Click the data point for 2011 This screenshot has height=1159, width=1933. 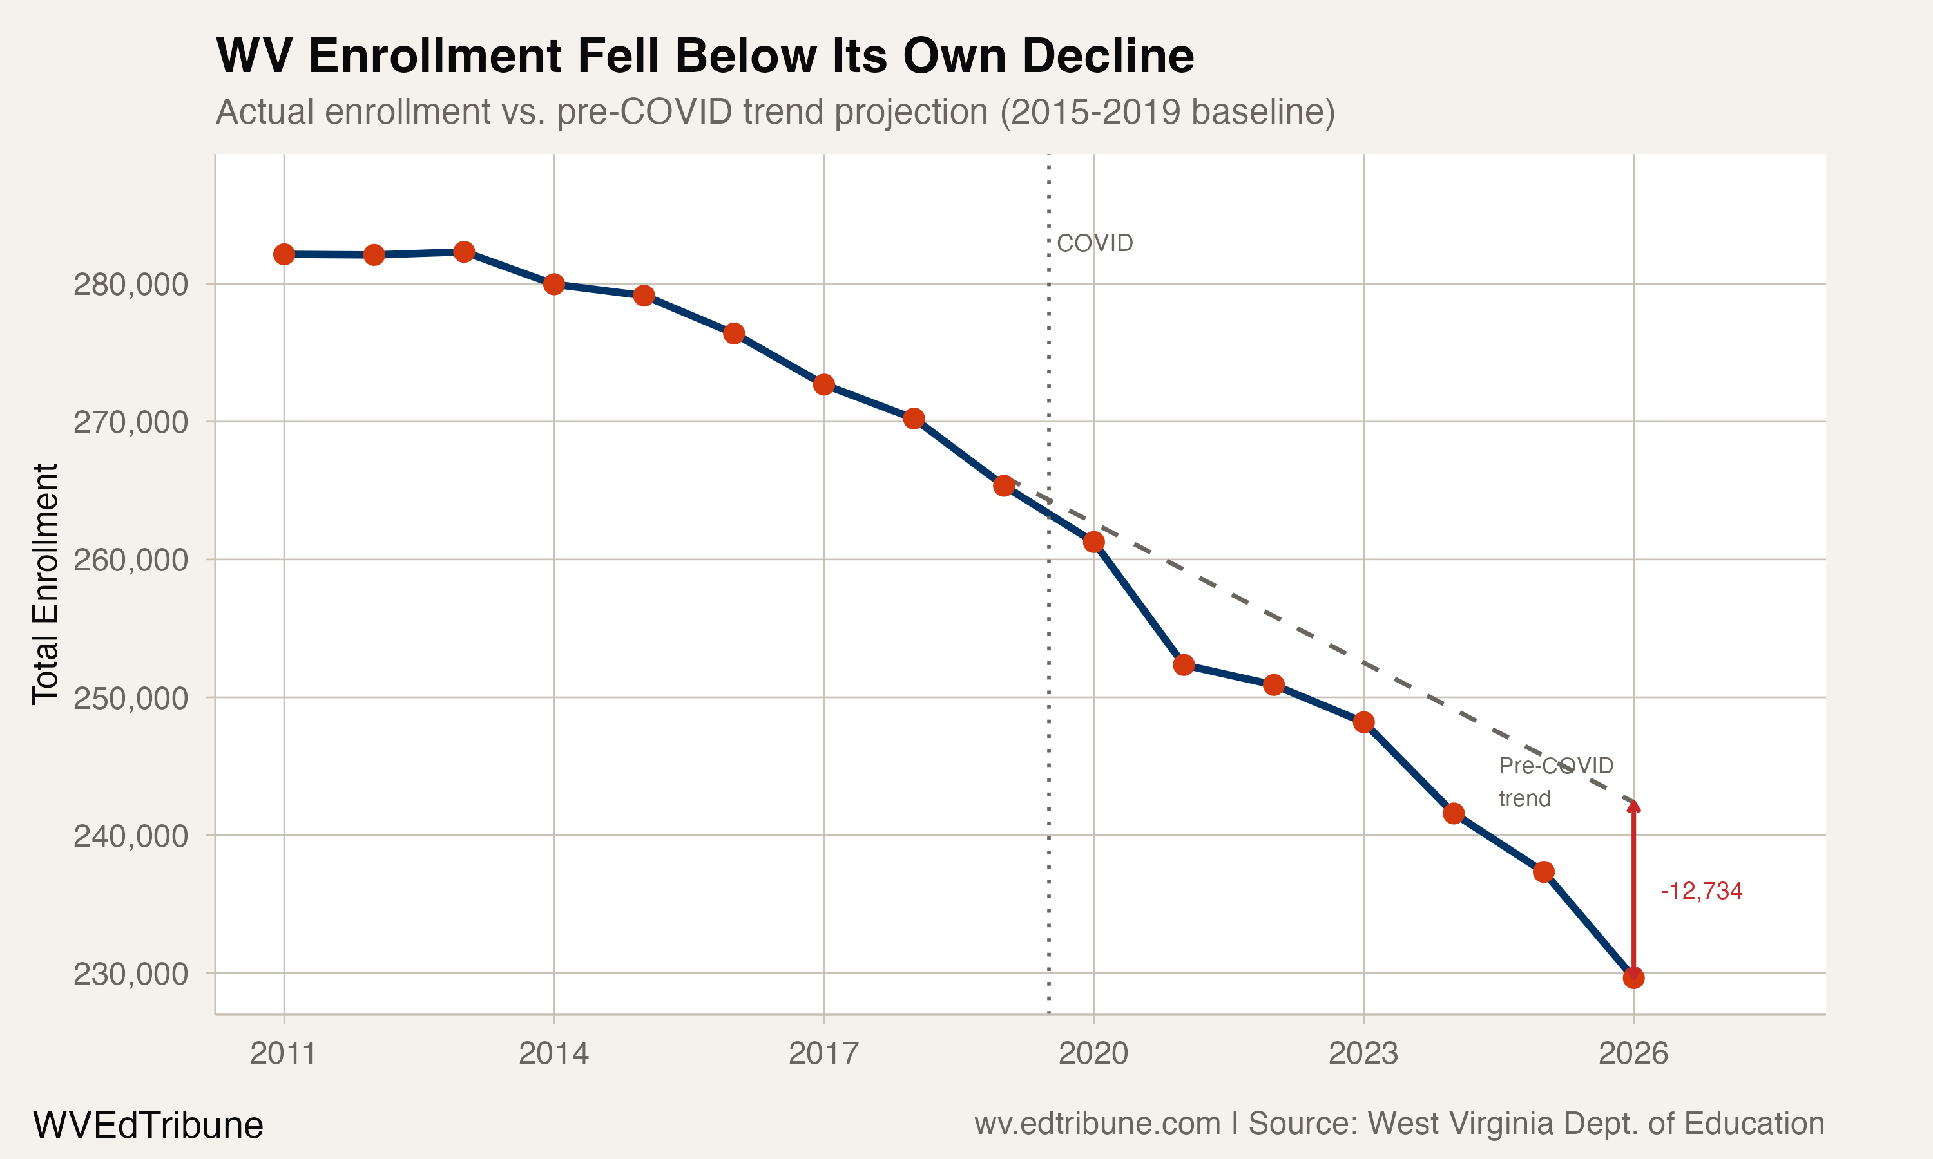[284, 254]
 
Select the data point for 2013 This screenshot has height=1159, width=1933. [464, 252]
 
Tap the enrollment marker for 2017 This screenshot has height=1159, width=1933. [823, 384]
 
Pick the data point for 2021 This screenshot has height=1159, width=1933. [1184, 664]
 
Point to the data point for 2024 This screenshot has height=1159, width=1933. [1453, 814]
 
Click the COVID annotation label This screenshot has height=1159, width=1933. [1094, 243]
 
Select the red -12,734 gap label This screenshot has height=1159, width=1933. [1701, 891]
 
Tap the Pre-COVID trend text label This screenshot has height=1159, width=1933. [1555, 782]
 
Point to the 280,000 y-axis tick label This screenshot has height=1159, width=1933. [131, 285]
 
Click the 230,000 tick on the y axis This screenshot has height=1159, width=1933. [131, 975]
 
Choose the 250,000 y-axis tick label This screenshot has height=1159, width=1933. [131, 698]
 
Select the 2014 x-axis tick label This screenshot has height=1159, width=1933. [553, 1053]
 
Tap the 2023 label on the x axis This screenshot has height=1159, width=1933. [1363, 1053]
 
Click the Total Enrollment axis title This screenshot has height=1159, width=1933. [45, 584]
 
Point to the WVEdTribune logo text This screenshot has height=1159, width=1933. [148, 1126]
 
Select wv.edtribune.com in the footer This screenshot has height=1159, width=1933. [1097, 1124]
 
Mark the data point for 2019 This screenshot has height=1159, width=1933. [1004, 485]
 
